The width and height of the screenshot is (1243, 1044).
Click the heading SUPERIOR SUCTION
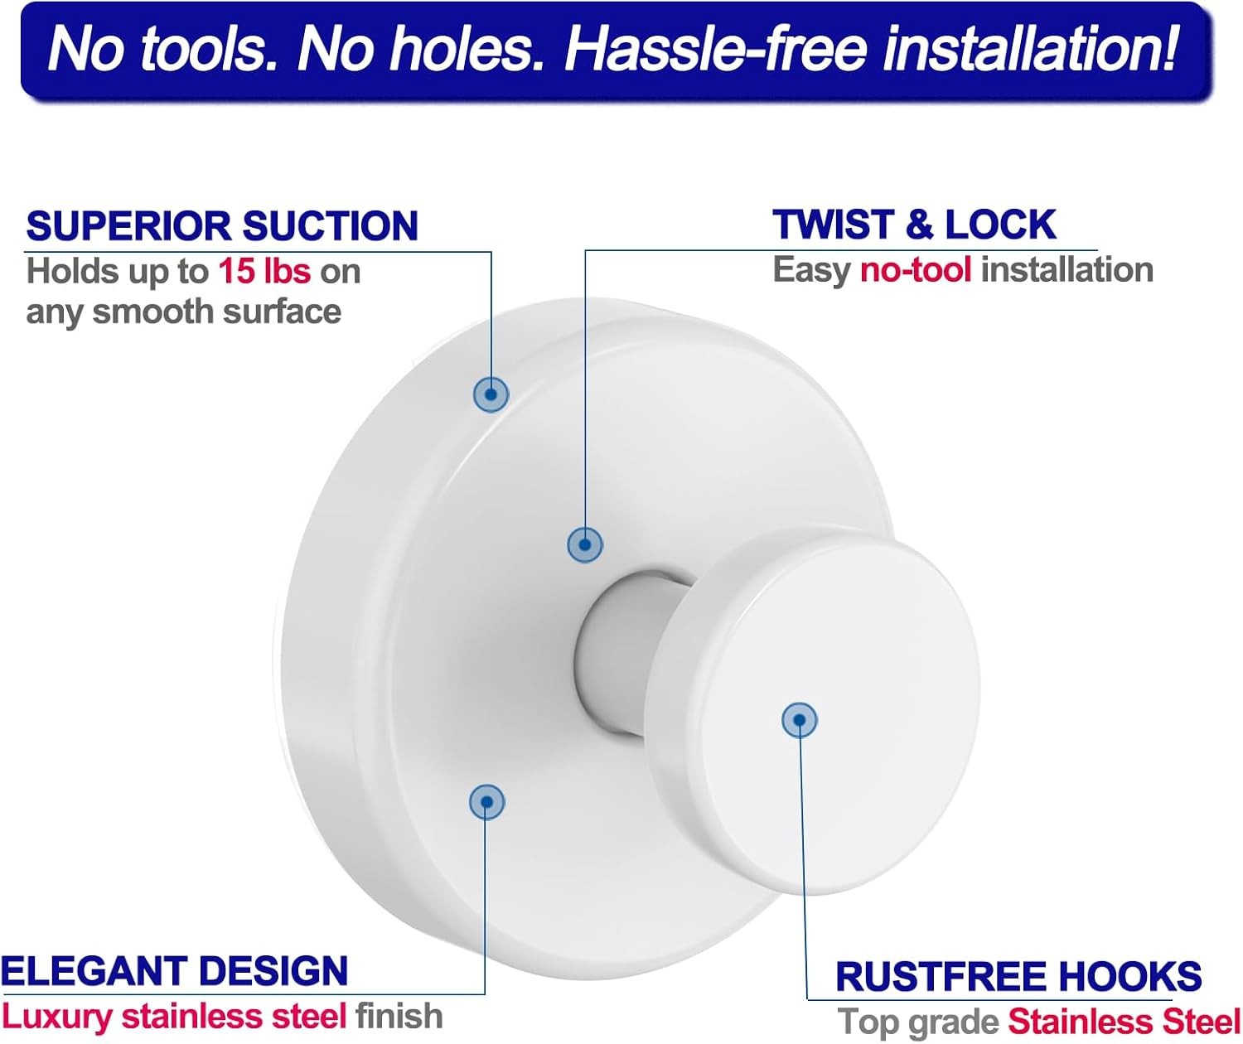(x=222, y=226)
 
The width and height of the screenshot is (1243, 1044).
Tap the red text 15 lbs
(x=264, y=272)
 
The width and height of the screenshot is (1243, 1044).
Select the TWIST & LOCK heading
(x=914, y=225)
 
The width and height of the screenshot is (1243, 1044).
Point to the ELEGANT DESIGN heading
(x=174, y=971)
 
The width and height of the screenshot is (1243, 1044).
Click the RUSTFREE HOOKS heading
(x=1018, y=976)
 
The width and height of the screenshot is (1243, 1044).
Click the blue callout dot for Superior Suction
(x=491, y=394)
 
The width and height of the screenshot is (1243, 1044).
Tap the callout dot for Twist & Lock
(x=584, y=544)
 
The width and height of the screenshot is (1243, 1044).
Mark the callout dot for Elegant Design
(x=487, y=802)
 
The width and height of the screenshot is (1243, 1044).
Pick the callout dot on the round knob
(x=800, y=720)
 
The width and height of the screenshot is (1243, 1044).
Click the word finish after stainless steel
(x=399, y=1016)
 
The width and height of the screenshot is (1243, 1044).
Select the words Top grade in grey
(x=918, y=1022)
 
